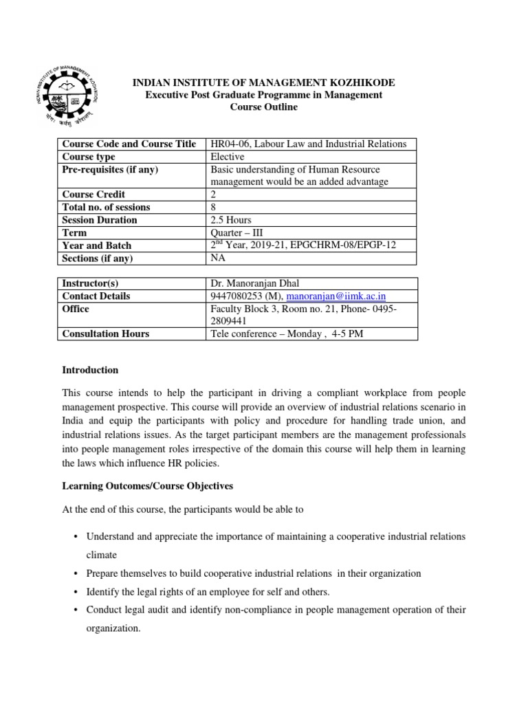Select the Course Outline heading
coord(263,108)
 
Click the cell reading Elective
coord(228,157)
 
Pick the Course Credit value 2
coord(214,195)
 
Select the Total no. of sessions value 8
coord(214,207)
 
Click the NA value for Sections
coord(218,258)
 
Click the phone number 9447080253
coord(238,296)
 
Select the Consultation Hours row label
coord(105,334)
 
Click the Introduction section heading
coord(90,370)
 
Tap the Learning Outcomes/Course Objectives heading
coord(147,486)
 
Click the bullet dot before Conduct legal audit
coord(75,610)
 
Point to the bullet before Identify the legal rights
coord(75,592)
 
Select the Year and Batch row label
coord(96,245)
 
